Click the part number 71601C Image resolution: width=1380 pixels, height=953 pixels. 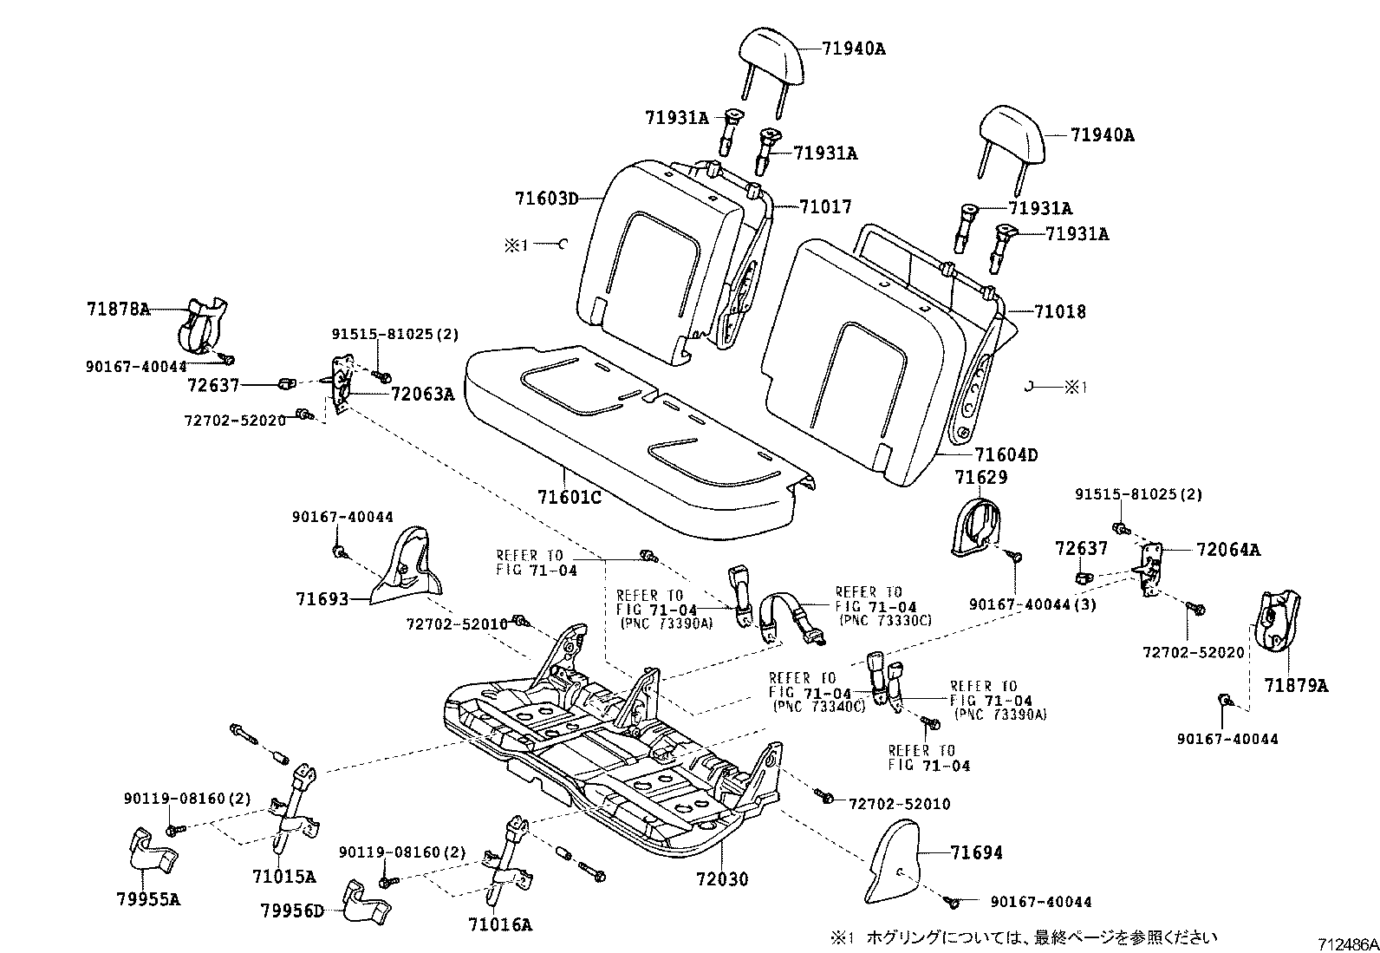[x=569, y=497]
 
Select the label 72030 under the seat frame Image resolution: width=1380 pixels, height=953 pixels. [x=721, y=879]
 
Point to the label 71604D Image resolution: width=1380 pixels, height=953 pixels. [x=1006, y=454]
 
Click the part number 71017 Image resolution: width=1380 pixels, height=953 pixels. [x=825, y=206]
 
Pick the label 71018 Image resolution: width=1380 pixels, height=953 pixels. [x=1059, y=311]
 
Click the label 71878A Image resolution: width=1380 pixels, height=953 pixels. [x=118, y=309]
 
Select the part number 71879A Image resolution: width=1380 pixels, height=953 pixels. [x=1295, y=685]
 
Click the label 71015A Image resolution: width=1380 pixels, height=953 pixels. [x=284, y=877]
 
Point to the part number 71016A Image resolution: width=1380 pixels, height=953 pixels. [x=500, y=924]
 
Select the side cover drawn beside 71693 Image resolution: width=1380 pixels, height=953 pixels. [x=407, y=568]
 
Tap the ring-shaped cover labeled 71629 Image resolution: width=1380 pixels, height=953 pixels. [x=975, y=524]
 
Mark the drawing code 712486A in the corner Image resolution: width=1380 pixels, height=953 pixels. [x=1348, y=943]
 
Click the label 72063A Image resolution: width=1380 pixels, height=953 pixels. [x=422, y=395]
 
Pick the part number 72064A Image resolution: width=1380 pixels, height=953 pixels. [x=1228, y=549]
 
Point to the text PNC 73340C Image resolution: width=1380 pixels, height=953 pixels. [x=819, y=707]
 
